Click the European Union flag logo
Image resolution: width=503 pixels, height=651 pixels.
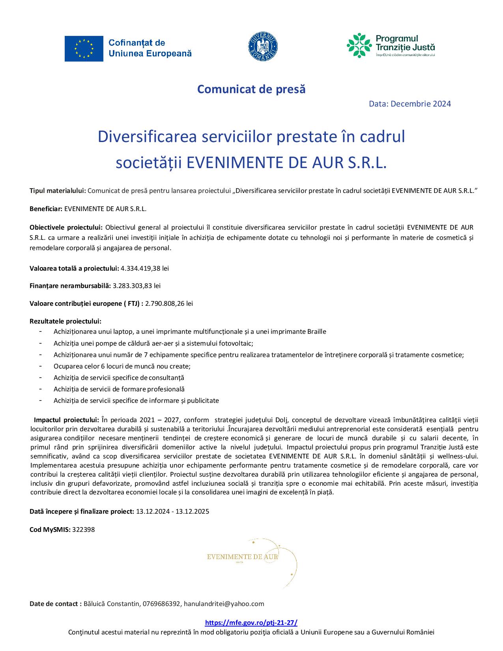coord(84,49)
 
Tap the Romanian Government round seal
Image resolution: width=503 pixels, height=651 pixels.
coord(263,47)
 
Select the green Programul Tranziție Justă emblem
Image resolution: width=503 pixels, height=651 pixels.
coord(359,45)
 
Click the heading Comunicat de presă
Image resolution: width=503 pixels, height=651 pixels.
coord(251,89)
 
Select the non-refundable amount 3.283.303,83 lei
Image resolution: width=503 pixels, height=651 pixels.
coord(137,286)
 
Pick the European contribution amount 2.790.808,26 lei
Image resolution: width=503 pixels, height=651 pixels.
coord(169,303)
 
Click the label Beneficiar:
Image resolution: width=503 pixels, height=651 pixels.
coord(46,209)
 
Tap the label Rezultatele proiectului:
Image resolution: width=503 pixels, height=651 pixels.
coord(65,321)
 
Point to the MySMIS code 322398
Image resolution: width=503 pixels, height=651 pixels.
coord(84,529)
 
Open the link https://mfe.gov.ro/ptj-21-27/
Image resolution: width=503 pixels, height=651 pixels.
coord(251,623)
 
